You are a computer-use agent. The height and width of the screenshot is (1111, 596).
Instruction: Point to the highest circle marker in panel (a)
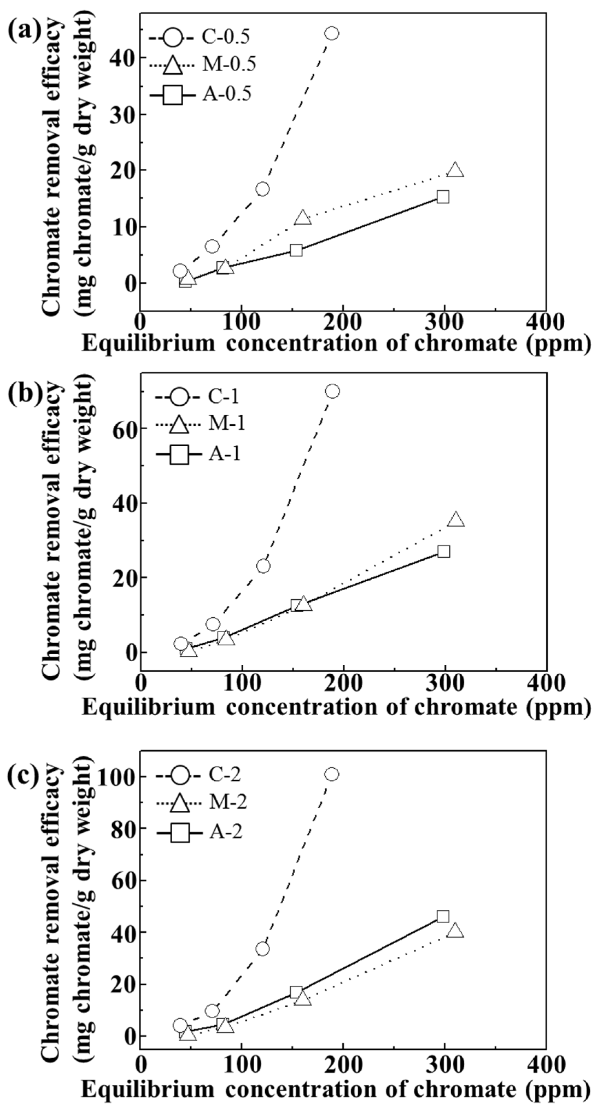click(331, 33)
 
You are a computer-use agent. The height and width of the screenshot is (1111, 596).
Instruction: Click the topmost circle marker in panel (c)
click(331, 774)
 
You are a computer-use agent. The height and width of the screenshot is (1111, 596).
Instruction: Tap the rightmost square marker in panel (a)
click(443, 197)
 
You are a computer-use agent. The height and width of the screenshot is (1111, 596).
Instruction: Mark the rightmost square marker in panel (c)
click(443, 916)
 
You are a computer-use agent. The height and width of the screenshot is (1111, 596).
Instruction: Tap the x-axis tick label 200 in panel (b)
click(343, 684)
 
